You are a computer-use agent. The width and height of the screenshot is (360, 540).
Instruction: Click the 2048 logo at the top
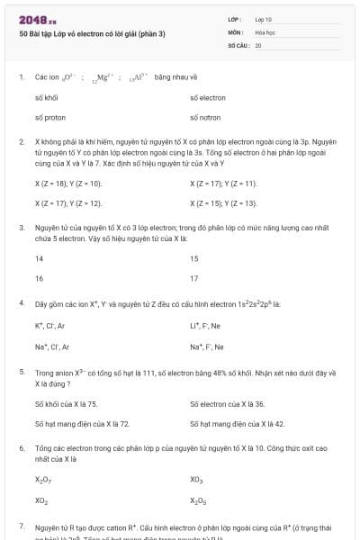(x=37, y=19)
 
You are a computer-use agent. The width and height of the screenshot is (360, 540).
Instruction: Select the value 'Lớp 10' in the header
(x=264, y=19)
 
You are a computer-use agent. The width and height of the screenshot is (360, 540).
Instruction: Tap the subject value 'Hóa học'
(x=265, y=31)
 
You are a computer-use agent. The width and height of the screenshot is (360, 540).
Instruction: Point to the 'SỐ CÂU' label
(x=238, y=44)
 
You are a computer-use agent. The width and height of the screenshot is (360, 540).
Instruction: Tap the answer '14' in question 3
(x=39, y=258)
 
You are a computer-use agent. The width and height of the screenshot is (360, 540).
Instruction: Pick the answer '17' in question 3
(x=194, y=278)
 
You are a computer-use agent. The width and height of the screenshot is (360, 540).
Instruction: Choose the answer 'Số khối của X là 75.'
(x=66, y=403)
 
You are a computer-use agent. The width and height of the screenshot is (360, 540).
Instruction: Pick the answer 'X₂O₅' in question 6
(x=197, y=500)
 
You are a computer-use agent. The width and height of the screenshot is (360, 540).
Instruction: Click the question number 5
(x=21, y=372)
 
